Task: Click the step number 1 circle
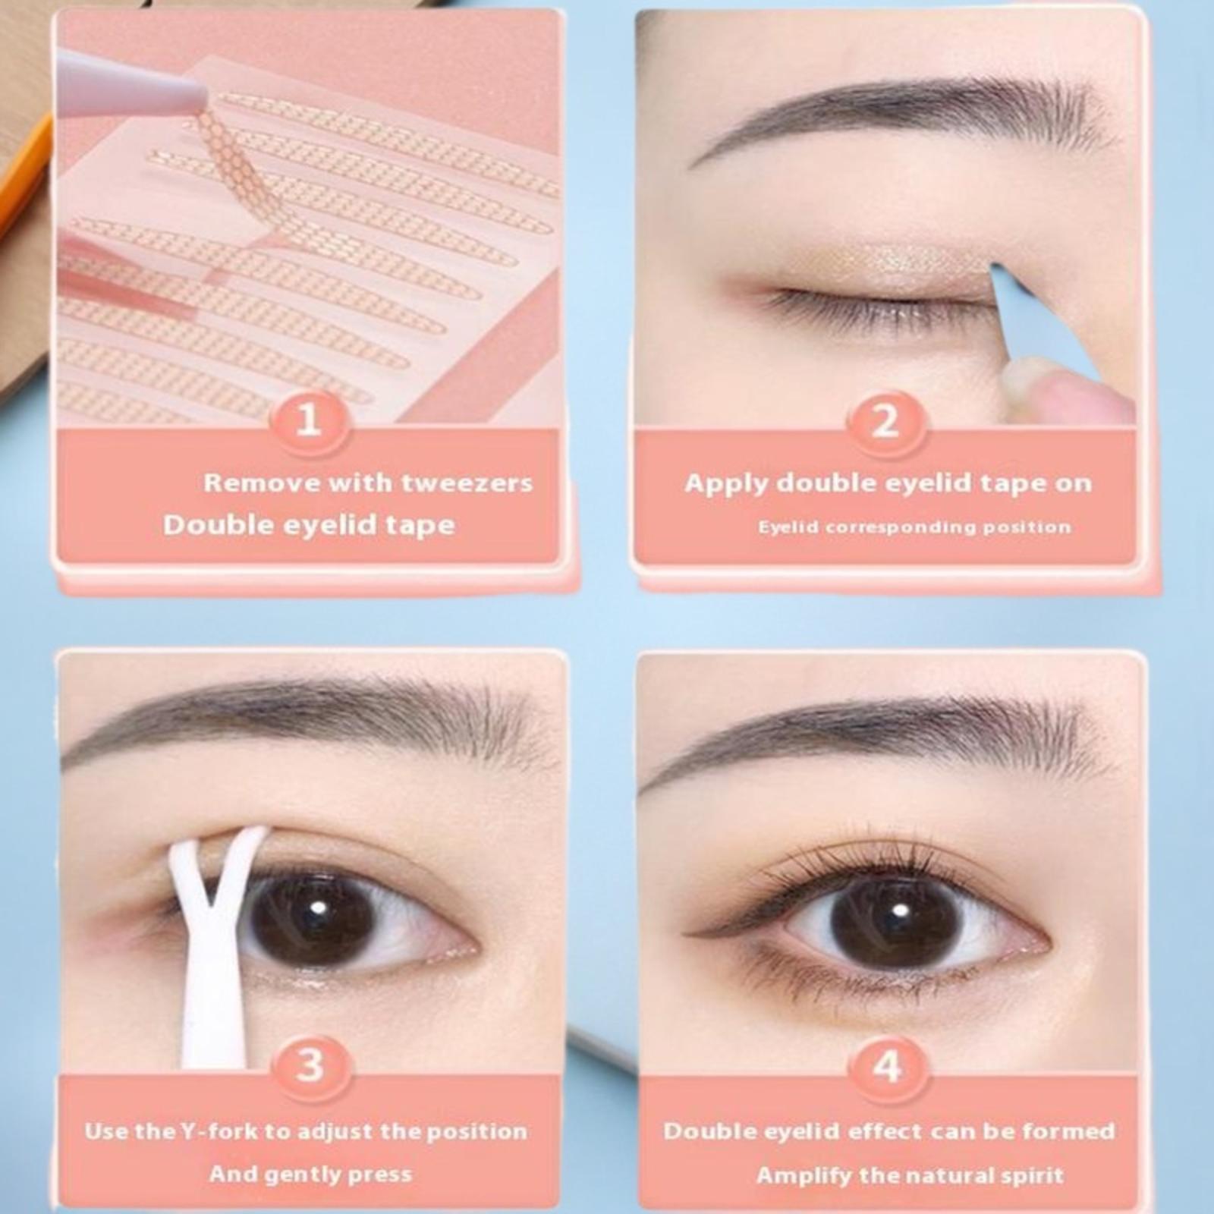308,420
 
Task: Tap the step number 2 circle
885,420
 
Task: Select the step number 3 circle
310,1065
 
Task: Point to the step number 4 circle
886,1065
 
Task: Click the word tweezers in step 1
467,483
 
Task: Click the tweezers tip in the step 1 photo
199,97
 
